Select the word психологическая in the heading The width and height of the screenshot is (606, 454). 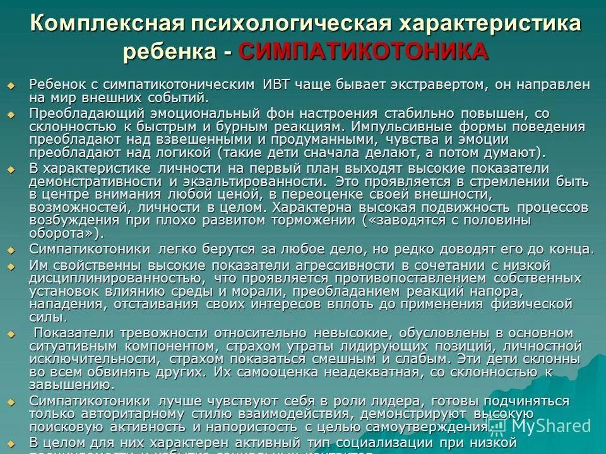pyautogui.click(x=289, y=24)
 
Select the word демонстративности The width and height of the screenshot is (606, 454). pyautogui.click(x=95, y=181)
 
